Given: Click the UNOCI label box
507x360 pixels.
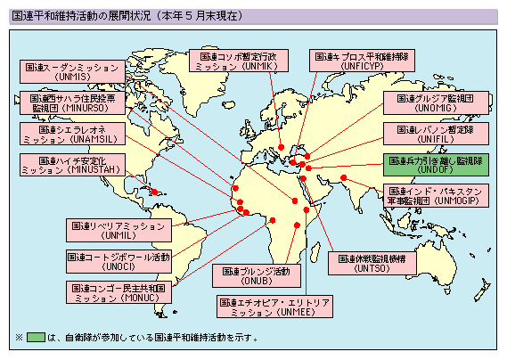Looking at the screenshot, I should click(x=119, y=260).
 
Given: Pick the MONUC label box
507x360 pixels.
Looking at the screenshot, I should click(x=118, y=291).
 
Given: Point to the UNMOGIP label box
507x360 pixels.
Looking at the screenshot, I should click(x=433, y=196).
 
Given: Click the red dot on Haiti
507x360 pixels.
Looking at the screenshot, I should click(x=154, y=192).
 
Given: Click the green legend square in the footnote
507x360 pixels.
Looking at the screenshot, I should click(x=36, y=338).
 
